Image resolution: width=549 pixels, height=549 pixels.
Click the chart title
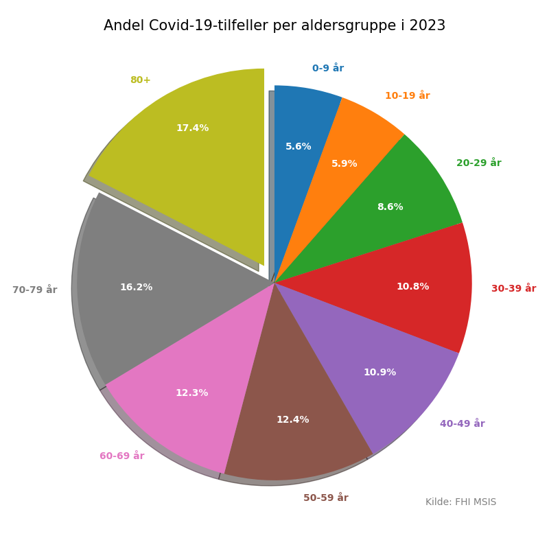coord(274,26)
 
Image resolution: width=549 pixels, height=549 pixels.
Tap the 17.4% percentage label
coord(192,128)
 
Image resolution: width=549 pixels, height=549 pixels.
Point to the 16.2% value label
coord(136,288)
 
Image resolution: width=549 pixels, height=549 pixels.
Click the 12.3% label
coord(191,393)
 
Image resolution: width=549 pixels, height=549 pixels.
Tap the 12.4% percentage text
coord(292,420)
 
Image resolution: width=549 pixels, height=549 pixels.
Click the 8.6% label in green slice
coord(390,207)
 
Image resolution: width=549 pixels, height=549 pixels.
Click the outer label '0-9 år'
coord(328,69)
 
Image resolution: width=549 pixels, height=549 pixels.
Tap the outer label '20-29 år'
coord(478,163)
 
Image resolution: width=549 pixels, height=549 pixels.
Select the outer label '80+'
coord(140,80)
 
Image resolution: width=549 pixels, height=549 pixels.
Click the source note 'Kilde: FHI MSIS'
coord(460,502)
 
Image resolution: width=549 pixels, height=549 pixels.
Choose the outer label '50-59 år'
coord(325,498)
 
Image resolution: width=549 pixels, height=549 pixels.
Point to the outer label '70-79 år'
coord(34,290)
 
